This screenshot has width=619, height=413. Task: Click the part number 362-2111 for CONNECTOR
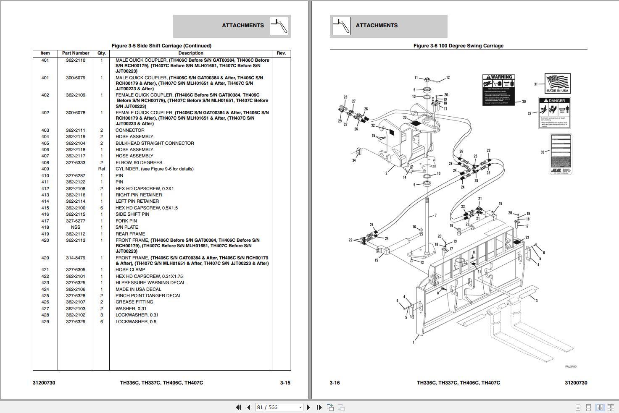click(x=75, y=130)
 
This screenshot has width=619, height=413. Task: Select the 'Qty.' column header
click(x=101, y=53)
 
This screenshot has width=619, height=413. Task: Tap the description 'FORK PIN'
click(x=126, y=221)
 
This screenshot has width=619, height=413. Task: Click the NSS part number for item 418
click(x=75, y=227)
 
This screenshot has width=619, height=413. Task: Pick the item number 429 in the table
click(x=45, y=322)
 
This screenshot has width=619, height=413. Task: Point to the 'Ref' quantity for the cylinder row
click(x=101, y=169)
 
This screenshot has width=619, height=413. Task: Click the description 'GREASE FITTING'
click(x=134, y=302)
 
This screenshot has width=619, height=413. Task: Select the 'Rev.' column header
click(x=281, y=53)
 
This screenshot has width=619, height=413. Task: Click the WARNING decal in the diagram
click(x=498, y=90)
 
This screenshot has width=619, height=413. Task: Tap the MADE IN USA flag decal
click(x=557, y=84)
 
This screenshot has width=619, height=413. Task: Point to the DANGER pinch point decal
click(x=554, y=112)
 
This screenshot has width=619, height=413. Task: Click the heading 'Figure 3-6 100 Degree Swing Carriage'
click(x=458, y=46)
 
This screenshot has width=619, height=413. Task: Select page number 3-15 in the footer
click(x=285, y=383)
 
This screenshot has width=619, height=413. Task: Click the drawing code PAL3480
click(x=571, y=366)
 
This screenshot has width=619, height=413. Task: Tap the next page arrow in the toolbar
click(x=309, y=407)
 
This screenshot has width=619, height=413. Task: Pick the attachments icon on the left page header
click(x=279, y=26)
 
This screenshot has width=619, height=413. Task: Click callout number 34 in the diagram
click(x=354, y=160)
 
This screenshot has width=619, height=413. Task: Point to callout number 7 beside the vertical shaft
click(x=435, y=215)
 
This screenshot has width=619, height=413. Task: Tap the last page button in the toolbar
click(x=319, y=407)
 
